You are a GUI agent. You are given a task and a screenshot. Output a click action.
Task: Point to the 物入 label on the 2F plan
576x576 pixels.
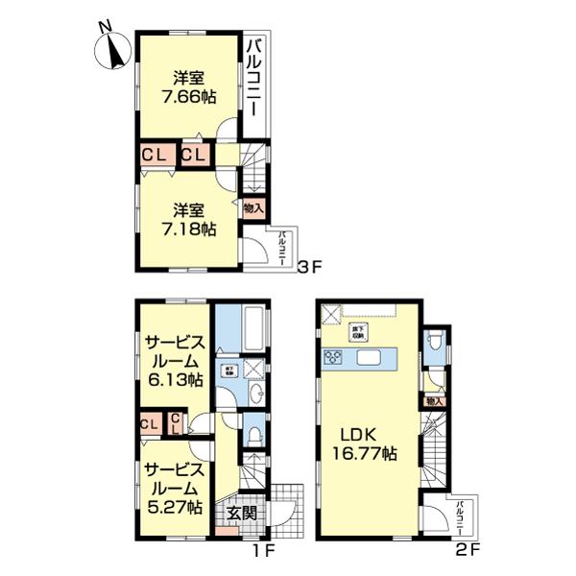[434, 400]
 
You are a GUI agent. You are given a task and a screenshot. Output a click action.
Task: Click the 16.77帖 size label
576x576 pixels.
[362, 451]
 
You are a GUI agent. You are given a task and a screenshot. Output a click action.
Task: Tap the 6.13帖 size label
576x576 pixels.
[174, 380]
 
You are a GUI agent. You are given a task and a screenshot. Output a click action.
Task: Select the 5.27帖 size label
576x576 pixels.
[174, 507]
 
